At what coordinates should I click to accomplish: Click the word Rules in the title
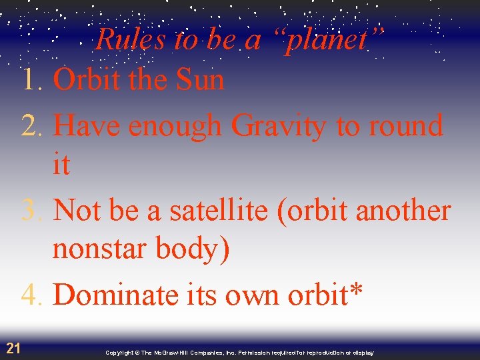[x=131, y=39]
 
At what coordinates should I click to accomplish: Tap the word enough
[x=175, y=126]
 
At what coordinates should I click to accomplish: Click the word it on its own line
[x=61, y=164]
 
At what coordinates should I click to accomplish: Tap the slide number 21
[x=13, y=347]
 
